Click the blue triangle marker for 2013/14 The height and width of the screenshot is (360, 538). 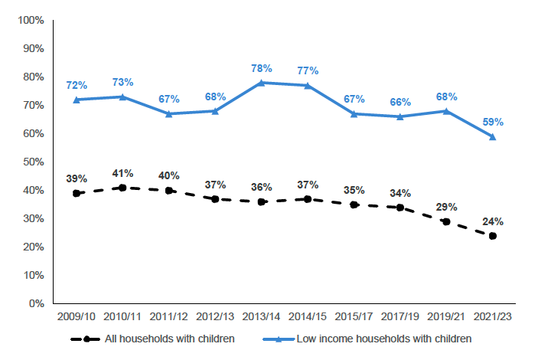point(262,83)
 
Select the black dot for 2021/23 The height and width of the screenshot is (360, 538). point(493,236)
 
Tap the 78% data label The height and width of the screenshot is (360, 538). point(262,68)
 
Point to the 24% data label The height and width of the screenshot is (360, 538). point(493,221)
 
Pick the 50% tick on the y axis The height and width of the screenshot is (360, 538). point(33,162)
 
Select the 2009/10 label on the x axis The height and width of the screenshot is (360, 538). point(76,316)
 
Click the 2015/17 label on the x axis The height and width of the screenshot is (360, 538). point(354,316)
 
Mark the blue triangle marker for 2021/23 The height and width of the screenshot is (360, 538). point(493,136)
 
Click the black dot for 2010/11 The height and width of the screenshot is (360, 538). point(122,188)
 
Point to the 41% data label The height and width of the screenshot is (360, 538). point(122,173)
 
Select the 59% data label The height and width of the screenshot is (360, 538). point(493,122)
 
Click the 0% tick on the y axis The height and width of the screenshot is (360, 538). point(36,303)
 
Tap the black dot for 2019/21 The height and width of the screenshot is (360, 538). point(447,221)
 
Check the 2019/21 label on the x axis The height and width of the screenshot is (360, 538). point(447,316)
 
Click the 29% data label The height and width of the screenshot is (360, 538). point(447,207)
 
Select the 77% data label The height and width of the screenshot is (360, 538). point(308,70)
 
